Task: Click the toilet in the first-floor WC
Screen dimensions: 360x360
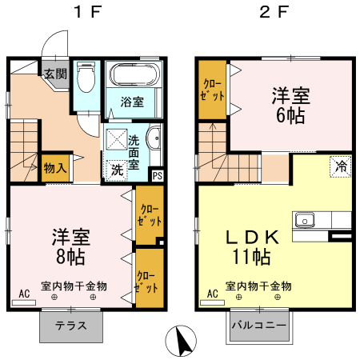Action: pyautogui.click(x=86, y=78)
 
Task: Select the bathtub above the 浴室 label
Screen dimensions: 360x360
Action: pyautogui.click(x=134, y=74)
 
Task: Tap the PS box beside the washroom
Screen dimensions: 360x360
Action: pyautogui.click(x=158, y=176)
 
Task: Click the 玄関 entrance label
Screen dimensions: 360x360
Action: pyautogui.click(x=55, y=74)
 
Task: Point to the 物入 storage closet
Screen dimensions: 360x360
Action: pyautogui.click(x=55, y=168)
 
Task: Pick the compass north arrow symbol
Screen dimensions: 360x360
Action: pyautogui.click(x=181, y=341)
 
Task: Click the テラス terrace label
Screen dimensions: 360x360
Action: pyautogui.click(x=71, y=326)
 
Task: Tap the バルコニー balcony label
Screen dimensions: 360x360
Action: pyautogui.click(x=259, y=325)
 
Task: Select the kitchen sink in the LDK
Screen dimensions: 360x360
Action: pyautogui.click(x=305, y=220)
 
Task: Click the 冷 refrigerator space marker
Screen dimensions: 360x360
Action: pyautogui.click(x=341, y=166)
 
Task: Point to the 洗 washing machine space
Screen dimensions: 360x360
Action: pyautogui.click(x=117, y=170)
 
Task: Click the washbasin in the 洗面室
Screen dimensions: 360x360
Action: pyautogui.click(x=154, y=138)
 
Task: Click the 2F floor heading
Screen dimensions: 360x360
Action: pyautogui.click(x=274, y=12)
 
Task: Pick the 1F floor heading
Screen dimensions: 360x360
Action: pyautogui.click(x=88, y=12)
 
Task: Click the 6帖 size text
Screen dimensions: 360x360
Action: pyautogui.click(x=290, y=115)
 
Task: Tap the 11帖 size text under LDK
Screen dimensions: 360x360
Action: pyautogui.click(x=252, y=257)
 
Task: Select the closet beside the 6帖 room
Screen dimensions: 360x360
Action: pyautogui.click(x=212, y=90)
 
